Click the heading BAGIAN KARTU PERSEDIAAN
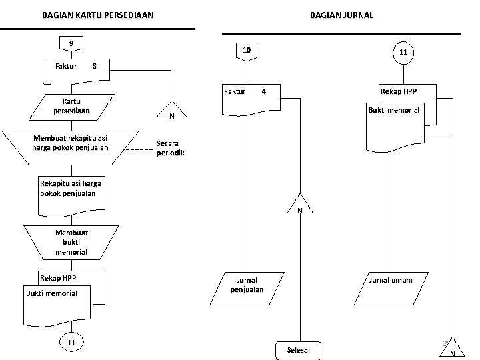click(x=97, y=15)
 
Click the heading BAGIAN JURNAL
click(x=341, y=15)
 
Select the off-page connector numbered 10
click(x=246, y=51)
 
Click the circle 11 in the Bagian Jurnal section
click(x=403, y=53)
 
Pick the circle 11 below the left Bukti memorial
click(x=71, y=342)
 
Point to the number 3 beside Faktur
click(x=95, y=66)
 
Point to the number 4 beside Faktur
click(x=263, y=91)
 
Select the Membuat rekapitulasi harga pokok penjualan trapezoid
click(x=69, y=147)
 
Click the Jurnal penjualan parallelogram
click(x=247, y=285)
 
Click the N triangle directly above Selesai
click(x=300, y=205)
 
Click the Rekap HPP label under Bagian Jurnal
click(x=399, y=91)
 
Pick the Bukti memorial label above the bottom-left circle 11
click(x=52, y=293)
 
